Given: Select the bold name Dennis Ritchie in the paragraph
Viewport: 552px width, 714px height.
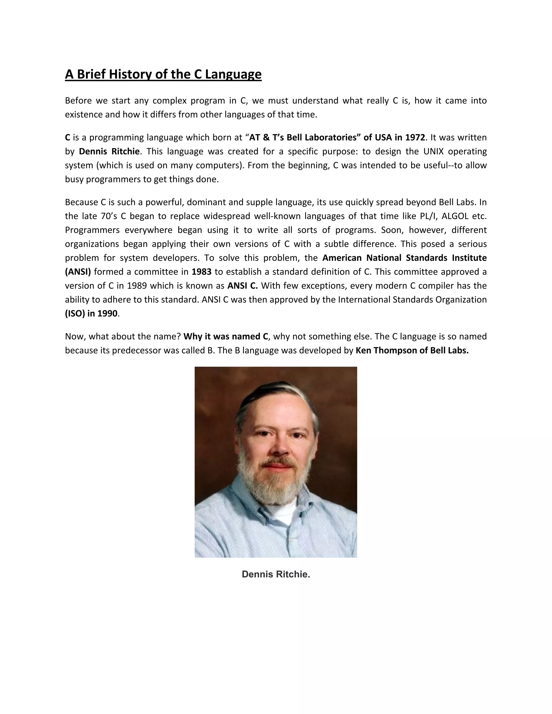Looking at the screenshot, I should (109, 151).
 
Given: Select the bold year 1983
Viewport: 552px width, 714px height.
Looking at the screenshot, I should (201, 272).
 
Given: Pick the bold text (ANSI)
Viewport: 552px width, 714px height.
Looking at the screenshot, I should (78, 272).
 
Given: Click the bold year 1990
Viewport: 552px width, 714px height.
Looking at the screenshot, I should (107, 314).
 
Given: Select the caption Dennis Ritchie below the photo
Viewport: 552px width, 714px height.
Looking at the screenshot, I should (276, 574).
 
